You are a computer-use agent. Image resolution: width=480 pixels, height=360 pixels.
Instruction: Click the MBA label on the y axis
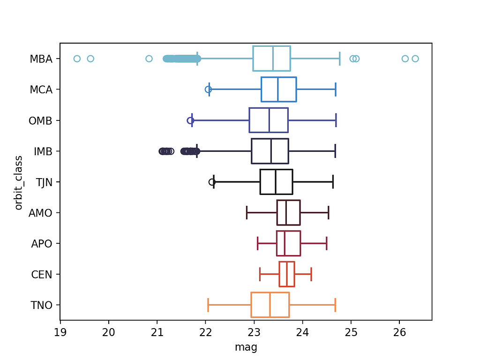(41, 59)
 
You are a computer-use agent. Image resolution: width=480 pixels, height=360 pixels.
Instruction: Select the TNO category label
(41, 306)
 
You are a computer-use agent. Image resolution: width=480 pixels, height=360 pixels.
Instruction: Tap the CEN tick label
(41, 275)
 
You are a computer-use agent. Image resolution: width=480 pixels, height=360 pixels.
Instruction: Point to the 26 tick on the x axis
(400, 332)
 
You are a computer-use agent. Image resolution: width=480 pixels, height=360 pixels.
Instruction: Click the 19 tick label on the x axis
(60, 332)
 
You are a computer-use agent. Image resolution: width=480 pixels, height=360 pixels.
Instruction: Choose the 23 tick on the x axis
(255, 332)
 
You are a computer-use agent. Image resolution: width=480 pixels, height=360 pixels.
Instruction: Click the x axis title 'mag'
(246, 347)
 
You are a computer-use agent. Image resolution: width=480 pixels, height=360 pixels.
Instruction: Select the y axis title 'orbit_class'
(19, 182)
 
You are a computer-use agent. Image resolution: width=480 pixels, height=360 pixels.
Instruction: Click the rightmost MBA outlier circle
(415, 59)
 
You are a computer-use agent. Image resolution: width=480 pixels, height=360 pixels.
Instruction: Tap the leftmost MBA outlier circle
(77, 59)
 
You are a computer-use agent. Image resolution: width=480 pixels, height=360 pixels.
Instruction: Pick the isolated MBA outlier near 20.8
(149, 59)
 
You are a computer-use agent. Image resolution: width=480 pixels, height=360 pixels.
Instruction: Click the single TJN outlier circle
(212, 182)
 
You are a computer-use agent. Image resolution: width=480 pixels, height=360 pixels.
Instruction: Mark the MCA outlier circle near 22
(208, 90)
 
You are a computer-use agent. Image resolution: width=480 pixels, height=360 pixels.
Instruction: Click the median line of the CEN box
(287, 274)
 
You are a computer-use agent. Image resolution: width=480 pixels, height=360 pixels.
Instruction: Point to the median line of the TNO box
(270, 305)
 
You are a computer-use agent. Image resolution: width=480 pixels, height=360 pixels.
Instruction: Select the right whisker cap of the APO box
(327, 243)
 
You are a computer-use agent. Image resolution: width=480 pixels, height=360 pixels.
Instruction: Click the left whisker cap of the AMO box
(247, 213)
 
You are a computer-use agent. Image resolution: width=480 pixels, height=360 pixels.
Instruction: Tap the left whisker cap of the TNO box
(208, 305)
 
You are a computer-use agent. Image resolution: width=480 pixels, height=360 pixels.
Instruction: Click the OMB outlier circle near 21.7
(190, 120)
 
